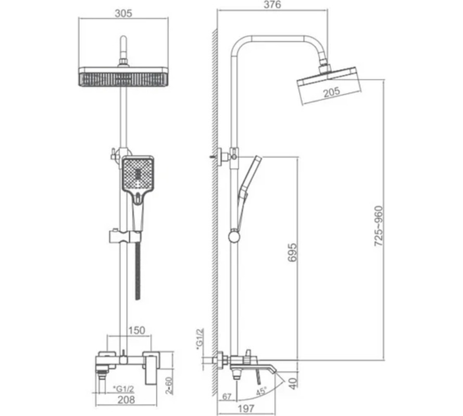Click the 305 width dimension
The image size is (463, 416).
click(123, 14)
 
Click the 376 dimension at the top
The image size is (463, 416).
click(272, 5)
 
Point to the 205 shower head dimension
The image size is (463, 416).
click(332, 92)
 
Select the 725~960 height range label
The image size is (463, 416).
click(378, 226)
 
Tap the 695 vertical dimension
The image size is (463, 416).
click(292, 252)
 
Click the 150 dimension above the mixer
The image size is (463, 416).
click(136, 330)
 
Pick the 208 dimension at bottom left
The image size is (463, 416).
click(127, 400)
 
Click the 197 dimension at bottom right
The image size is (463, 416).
click(246, 409)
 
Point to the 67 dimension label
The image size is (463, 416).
click(227, 397)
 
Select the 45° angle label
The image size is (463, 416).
click(261, 392)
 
